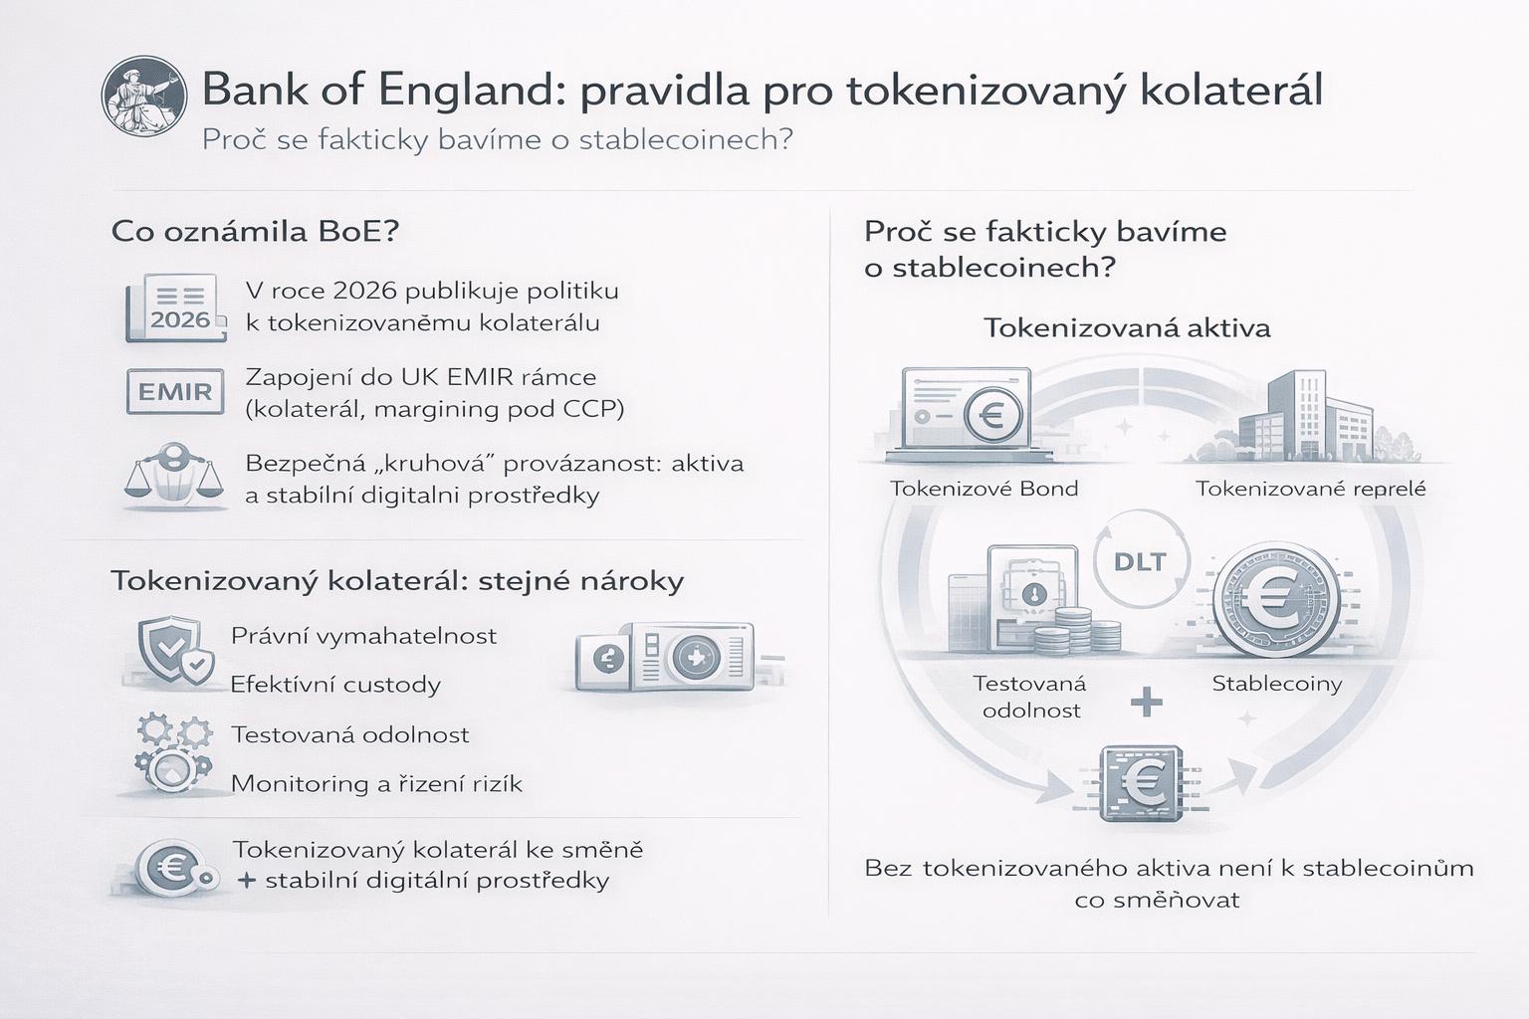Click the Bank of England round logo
pos(144,97)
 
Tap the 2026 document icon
pos(176,307)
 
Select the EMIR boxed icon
pos(175,392)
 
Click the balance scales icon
pos(174,477)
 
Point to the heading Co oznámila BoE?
pos(255,232)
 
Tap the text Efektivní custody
pos(335,684)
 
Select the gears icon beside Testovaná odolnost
pos(174,753)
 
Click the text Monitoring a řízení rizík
pos(377,783)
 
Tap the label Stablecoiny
pos(1277,684)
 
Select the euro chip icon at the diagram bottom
pos(1142,782)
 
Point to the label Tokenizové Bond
pos(984,489)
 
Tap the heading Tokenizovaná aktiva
pos(1127,328)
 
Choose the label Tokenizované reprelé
pos(1311,489)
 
